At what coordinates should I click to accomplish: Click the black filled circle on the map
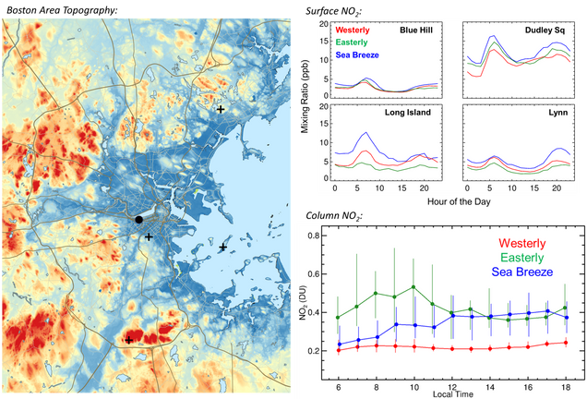point(139,220)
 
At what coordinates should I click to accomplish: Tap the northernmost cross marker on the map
point(220,109)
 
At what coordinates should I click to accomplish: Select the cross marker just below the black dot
point(149,237)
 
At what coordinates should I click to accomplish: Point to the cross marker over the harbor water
point(223,247)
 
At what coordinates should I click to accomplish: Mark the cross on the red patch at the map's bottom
point(129,340)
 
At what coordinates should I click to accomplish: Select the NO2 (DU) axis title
point(304,305)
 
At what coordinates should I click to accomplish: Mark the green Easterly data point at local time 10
point(413,287)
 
